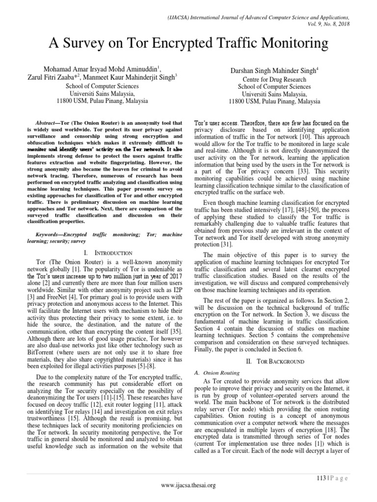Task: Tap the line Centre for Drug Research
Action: click(x=274, y=79)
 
